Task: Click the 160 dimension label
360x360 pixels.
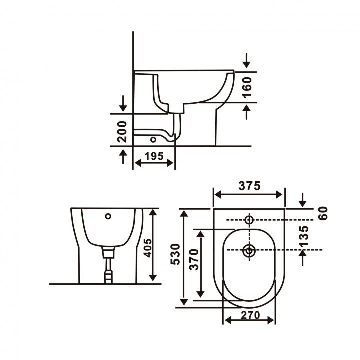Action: [247, 87]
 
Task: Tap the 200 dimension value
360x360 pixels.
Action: [122, 132]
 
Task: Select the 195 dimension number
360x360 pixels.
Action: [154, 156]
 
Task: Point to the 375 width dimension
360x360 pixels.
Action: [250, 186]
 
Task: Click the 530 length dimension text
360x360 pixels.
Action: [176, 254]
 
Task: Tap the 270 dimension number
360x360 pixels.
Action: [250, 315]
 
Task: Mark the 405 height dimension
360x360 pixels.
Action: [147, 248]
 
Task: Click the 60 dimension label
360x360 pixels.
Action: [323, 214]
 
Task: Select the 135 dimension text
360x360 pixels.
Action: [304, 236]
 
